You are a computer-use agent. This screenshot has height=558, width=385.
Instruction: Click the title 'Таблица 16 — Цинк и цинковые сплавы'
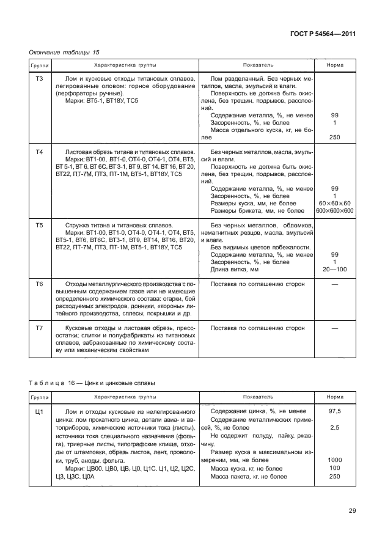(x=92, y=383)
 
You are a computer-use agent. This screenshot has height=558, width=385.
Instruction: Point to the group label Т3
(x=40, y=79)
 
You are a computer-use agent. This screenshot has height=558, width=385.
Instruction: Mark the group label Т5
(x=40, y=226)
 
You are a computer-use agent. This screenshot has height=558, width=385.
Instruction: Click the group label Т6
(x=40, y=285)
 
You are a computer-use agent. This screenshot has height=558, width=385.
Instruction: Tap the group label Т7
(x=40, y=328)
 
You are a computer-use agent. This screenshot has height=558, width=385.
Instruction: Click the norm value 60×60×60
(x=334, y=204)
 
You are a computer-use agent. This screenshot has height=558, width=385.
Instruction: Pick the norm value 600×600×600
(x=334, y=211)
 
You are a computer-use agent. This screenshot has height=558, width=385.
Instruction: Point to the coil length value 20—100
(x=334, y=270)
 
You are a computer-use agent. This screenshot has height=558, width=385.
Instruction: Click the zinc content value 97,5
(x=334, y=412)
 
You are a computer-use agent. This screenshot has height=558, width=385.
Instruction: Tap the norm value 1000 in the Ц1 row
(x=334, y=460)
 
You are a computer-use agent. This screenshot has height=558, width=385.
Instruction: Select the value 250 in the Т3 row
(x=334, y=138)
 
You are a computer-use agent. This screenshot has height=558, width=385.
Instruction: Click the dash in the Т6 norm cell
(x=334, y=285)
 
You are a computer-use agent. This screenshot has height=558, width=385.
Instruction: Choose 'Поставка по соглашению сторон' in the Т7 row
(x=257, y=328)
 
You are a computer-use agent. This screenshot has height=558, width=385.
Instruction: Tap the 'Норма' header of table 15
(x=334, y=65)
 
